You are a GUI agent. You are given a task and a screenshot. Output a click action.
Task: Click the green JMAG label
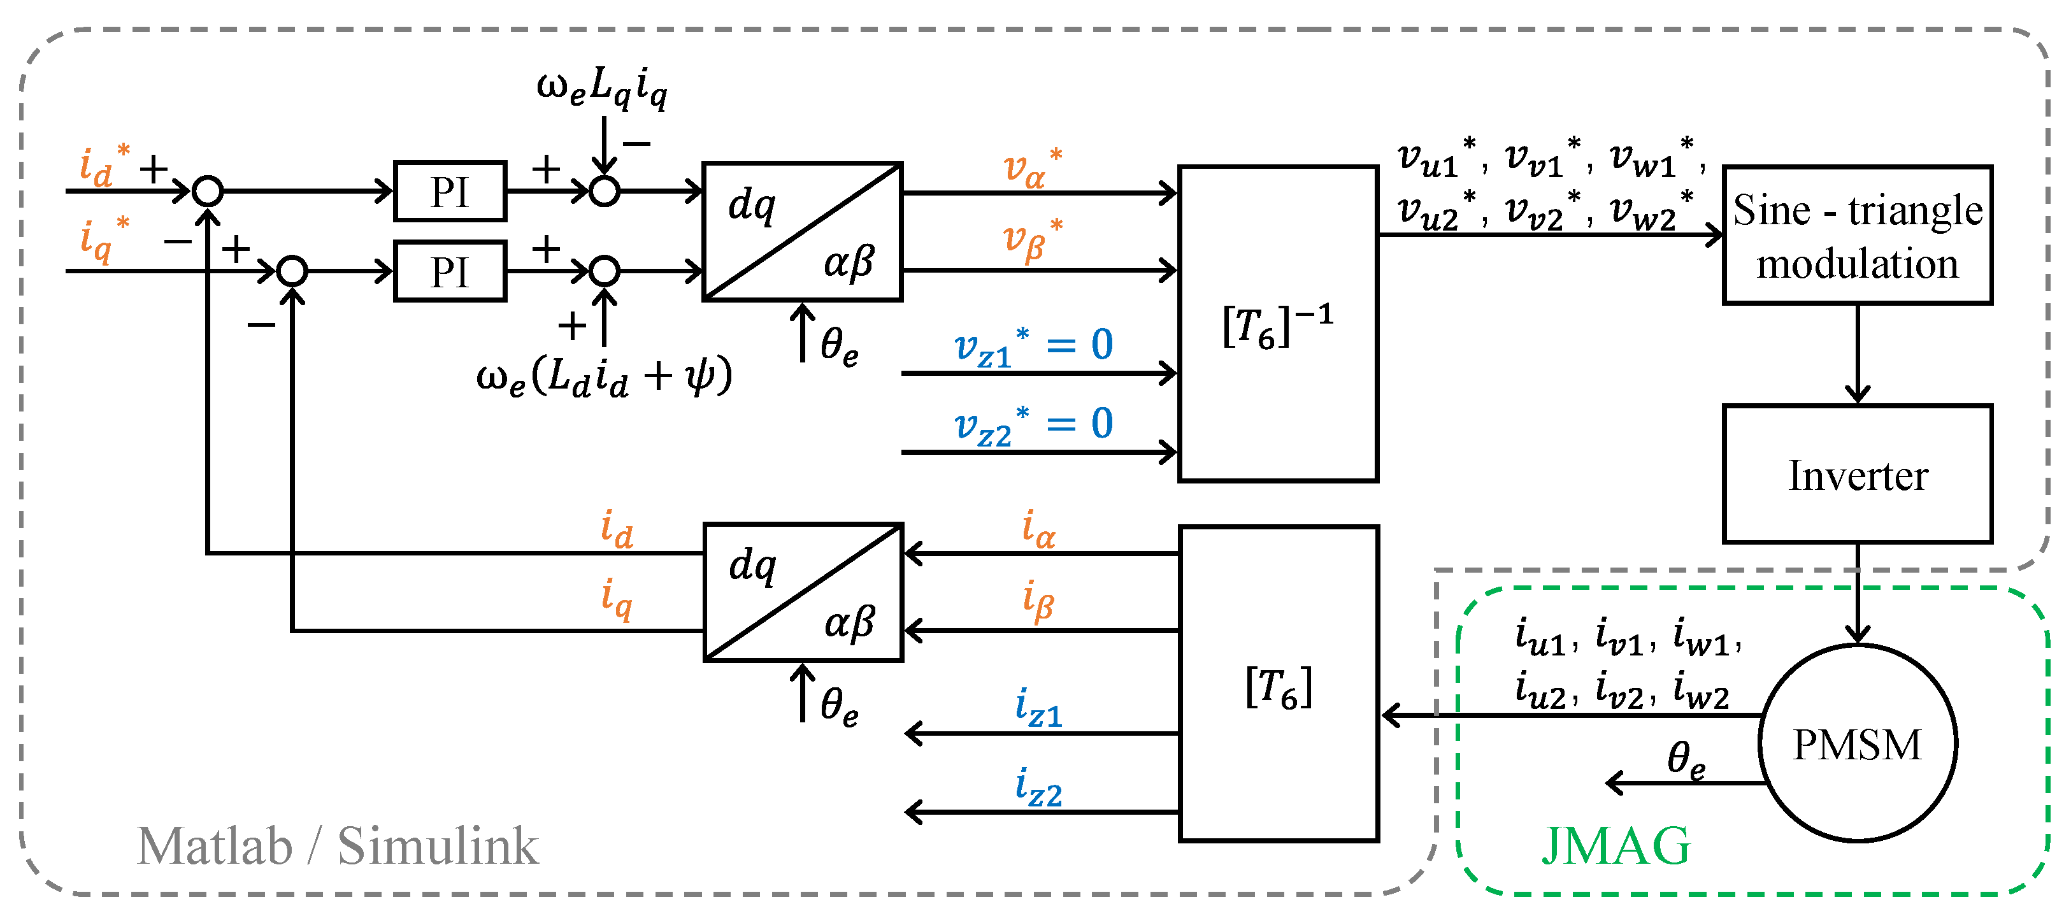tap(1616, 846)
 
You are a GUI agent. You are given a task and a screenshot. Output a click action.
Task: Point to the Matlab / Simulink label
tap(338, 846)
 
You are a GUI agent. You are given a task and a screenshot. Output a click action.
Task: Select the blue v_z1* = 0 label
tap(1034, 346)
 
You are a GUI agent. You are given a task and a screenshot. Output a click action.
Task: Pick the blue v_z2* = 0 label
tap(1034, 424)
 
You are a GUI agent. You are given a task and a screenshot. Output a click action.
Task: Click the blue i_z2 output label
tap(1039, 787)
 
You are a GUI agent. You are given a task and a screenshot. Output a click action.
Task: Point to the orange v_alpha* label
tap(1034, 168)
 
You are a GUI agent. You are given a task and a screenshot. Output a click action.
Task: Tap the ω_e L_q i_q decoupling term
tap(602, 88)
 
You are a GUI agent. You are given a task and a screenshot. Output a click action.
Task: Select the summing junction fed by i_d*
tap(208, 191)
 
